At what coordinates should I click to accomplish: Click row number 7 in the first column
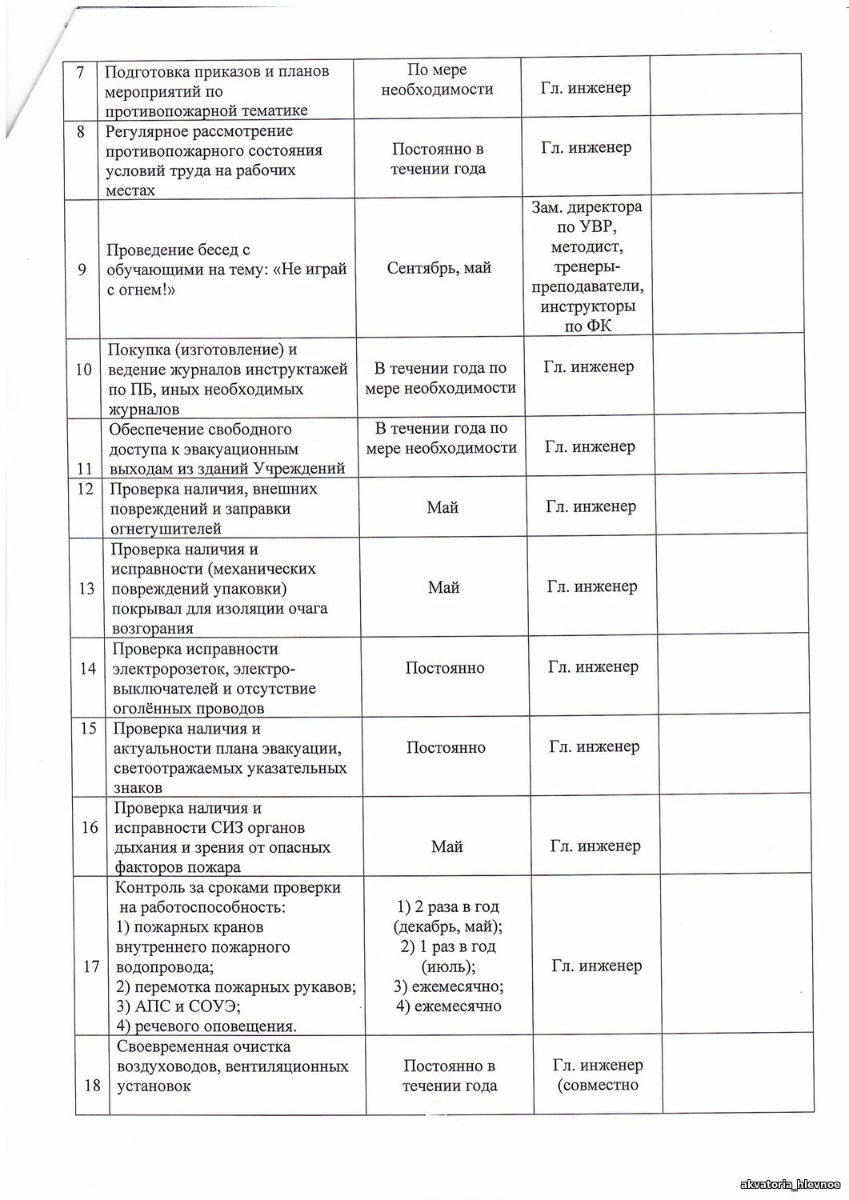click(81, 70)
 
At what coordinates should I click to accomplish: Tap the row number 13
click(86, 589)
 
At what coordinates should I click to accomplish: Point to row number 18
click(92, 1086)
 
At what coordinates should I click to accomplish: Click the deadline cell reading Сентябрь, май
click(439, 268)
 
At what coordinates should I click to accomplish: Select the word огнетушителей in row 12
click(166, 529)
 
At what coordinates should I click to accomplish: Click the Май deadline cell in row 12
click(443, 507)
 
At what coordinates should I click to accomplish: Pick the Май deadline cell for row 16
click(447, 846)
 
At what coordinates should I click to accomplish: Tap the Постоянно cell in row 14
click(445, 668)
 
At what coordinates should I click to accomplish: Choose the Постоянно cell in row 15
click(446, 747)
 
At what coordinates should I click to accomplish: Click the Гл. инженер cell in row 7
click(586, 88)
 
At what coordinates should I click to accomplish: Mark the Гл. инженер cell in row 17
click(597, 966)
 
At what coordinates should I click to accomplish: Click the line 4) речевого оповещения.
click(206, 1026)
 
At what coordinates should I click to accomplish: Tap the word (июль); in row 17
click(449, 966)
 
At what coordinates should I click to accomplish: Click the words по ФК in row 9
click(587, 326)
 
